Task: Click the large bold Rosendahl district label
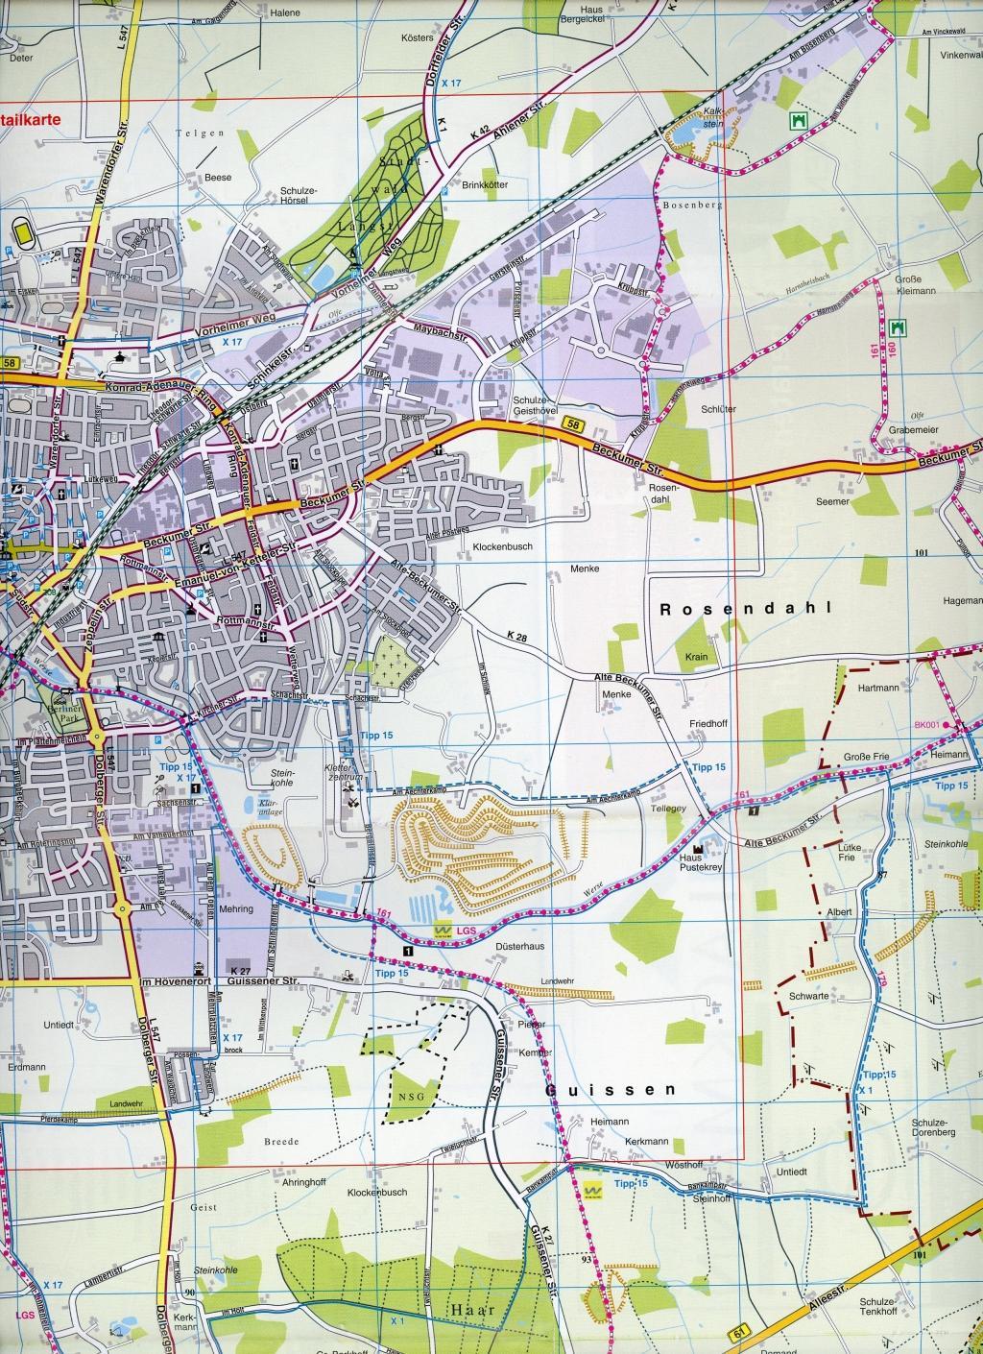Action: pyautogui.click(x=743, y=609)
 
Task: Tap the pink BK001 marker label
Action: pyautogui.click(x=926, y=725)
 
